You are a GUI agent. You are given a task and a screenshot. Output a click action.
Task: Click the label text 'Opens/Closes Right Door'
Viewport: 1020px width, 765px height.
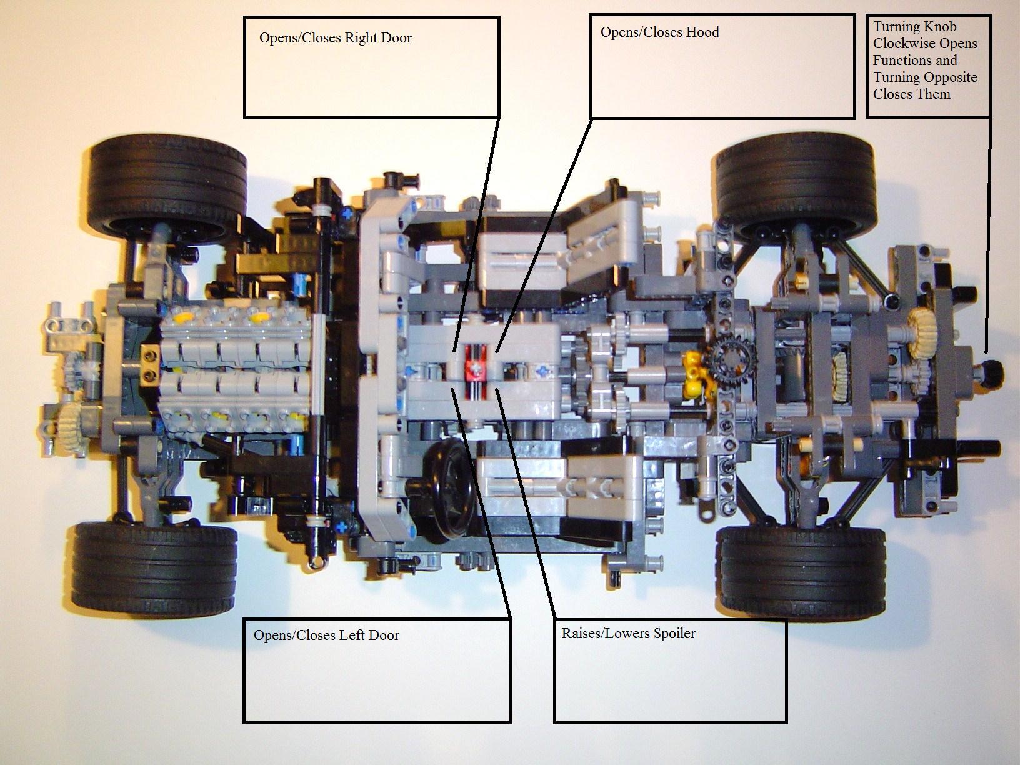pos(336,38)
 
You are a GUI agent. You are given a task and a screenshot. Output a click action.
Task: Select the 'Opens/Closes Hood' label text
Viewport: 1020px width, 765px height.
pos(659,32)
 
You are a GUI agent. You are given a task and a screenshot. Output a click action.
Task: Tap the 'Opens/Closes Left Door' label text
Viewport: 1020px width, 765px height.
pos(326,636)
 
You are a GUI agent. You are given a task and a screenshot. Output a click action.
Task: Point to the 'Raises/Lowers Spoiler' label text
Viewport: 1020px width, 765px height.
pos(628,634)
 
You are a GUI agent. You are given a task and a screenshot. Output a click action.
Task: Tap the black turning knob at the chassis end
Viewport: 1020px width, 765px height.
pos(989,372)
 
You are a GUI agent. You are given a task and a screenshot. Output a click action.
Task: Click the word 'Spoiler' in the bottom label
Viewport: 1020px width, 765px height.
pos(674,634)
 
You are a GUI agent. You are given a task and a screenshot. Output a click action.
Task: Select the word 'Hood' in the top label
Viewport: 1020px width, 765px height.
pos(702,32)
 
